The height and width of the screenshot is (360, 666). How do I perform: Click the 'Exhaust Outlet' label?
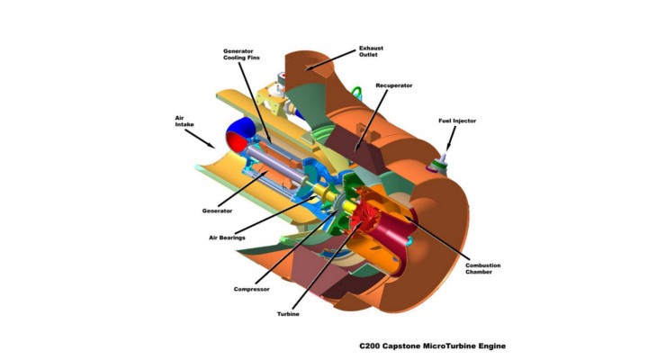pos(371,50)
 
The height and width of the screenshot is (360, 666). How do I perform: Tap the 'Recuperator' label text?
pos(397,85)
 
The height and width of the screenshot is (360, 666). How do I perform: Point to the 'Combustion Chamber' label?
pos(482,269)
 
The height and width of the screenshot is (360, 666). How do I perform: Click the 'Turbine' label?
pos(288,313)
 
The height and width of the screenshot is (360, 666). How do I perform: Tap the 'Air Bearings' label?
pos(228,237)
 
